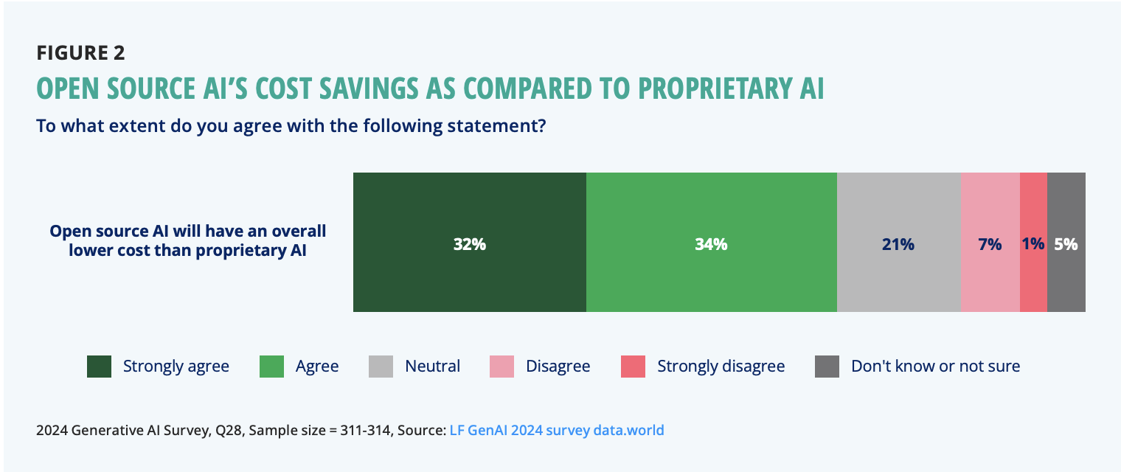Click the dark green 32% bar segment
click(x=469, y=242)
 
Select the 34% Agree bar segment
click(x=711, y=242)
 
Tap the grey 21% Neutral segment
click(x=898, y=242)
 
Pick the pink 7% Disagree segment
click(x=990, y=242)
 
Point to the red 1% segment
click(x=1033, y=242)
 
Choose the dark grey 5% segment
click(x=1066, y=242)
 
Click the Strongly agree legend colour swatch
click(x=99, y=367)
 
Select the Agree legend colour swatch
click(x=272, y=367)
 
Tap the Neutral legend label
click(x=432, y=367)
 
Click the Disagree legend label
click(x=558, y=367)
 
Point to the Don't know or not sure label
click(x=935, y=367)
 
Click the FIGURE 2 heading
click(x=80, y=53)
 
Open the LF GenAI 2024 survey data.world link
click(x=557, y=430)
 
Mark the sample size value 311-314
click(x=362, y=430)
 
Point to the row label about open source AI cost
click(x=188, y=241)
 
